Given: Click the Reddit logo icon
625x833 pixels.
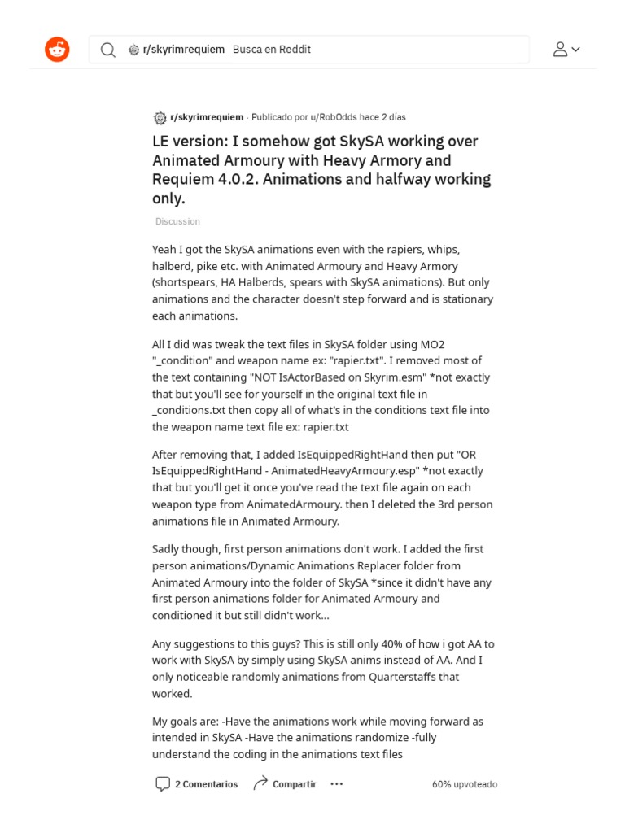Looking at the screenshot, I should tap(57, 50).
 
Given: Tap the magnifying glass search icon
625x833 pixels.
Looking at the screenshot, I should tap(107, 50).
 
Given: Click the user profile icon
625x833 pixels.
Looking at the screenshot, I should tap(560, 50).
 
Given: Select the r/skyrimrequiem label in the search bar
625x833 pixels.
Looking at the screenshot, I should tap(183, 50).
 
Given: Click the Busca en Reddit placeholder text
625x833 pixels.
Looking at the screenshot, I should tap(272, 50).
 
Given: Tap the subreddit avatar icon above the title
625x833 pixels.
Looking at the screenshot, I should tap(160, 117).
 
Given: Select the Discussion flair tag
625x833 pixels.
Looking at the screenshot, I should tap(177, 221).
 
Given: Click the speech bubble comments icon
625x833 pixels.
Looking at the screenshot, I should tap(163, 784).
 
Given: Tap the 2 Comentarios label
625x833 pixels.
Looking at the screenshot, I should tap(207, 784).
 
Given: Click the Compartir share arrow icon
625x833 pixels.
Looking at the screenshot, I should tap(260, 784).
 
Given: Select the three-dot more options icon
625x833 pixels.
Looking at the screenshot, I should tap(336, 784).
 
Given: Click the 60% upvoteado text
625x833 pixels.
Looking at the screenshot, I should tap(465, 784).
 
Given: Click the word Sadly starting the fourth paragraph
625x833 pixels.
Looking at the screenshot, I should tap(168, 549).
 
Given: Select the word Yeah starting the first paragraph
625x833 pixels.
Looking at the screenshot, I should tap(166, 250).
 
